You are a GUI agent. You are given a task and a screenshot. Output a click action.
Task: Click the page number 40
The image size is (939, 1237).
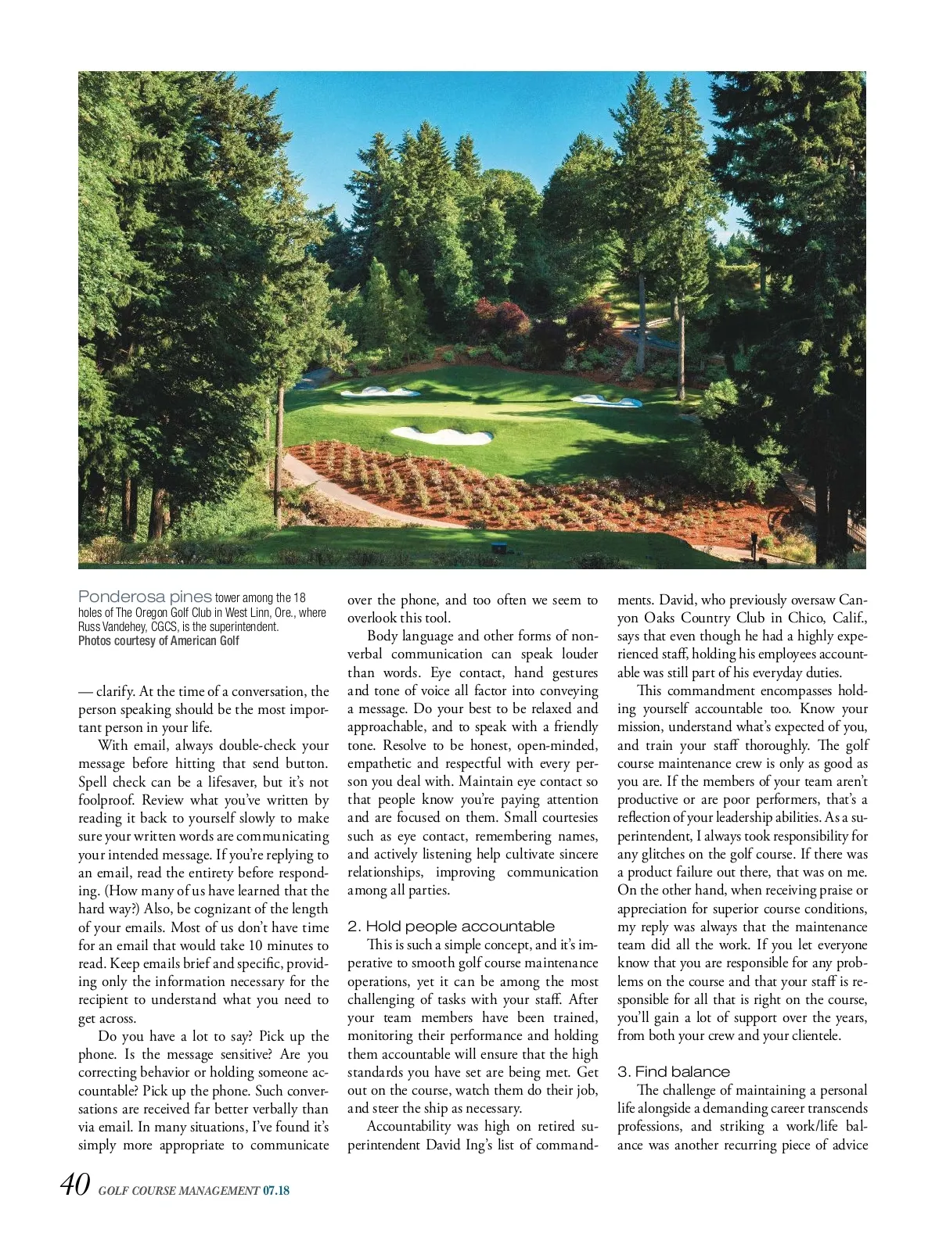(x=75, y=1185)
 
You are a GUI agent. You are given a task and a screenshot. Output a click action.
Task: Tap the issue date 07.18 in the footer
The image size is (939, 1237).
(x=275, y=1191)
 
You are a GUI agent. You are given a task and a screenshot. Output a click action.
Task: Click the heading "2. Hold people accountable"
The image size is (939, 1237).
(x=451, y=927)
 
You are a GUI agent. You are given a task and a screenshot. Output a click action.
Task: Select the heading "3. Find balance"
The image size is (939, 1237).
(x=673, y=1072)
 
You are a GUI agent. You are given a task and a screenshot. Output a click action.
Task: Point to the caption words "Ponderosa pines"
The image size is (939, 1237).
(x=145, y=597)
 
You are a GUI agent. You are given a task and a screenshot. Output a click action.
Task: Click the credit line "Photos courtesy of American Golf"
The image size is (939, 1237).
(x=158, y=640)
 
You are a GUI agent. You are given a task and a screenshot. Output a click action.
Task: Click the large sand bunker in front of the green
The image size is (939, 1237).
(x=441, y=435)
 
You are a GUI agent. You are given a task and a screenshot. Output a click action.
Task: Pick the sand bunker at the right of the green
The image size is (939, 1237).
(x=607, y=401)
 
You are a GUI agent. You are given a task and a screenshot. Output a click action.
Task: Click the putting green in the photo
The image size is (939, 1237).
(x=469, y=409)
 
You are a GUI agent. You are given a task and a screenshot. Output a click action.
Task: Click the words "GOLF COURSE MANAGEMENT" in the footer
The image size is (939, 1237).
(x=178, y=1191)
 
